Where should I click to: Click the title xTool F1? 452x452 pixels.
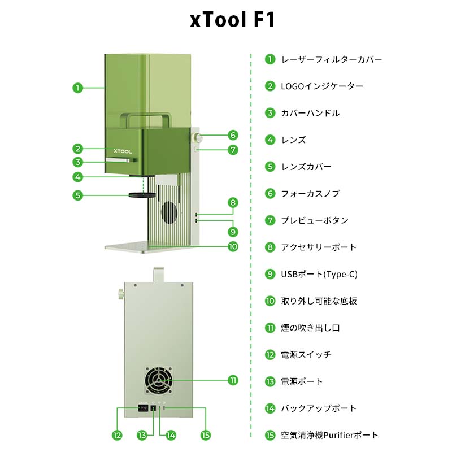[x=232, y=20]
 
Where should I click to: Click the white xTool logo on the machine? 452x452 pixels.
[x=123, y=151]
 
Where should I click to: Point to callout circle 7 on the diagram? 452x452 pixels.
[x=233, y=150]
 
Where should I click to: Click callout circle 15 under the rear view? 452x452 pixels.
[x=206, y=436]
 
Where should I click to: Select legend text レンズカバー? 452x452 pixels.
[x=306, y=167]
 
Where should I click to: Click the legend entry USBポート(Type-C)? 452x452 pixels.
[x=319, y=274]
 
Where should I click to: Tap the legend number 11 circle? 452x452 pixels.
[x=270, y=328]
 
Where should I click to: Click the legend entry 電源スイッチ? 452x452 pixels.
[x=306, y=355]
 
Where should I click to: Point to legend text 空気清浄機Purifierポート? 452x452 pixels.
[x=330, y=435]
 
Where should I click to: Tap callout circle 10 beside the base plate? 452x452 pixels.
[x=233, y=246]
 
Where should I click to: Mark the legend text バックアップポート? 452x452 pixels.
[x=319, y=408]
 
